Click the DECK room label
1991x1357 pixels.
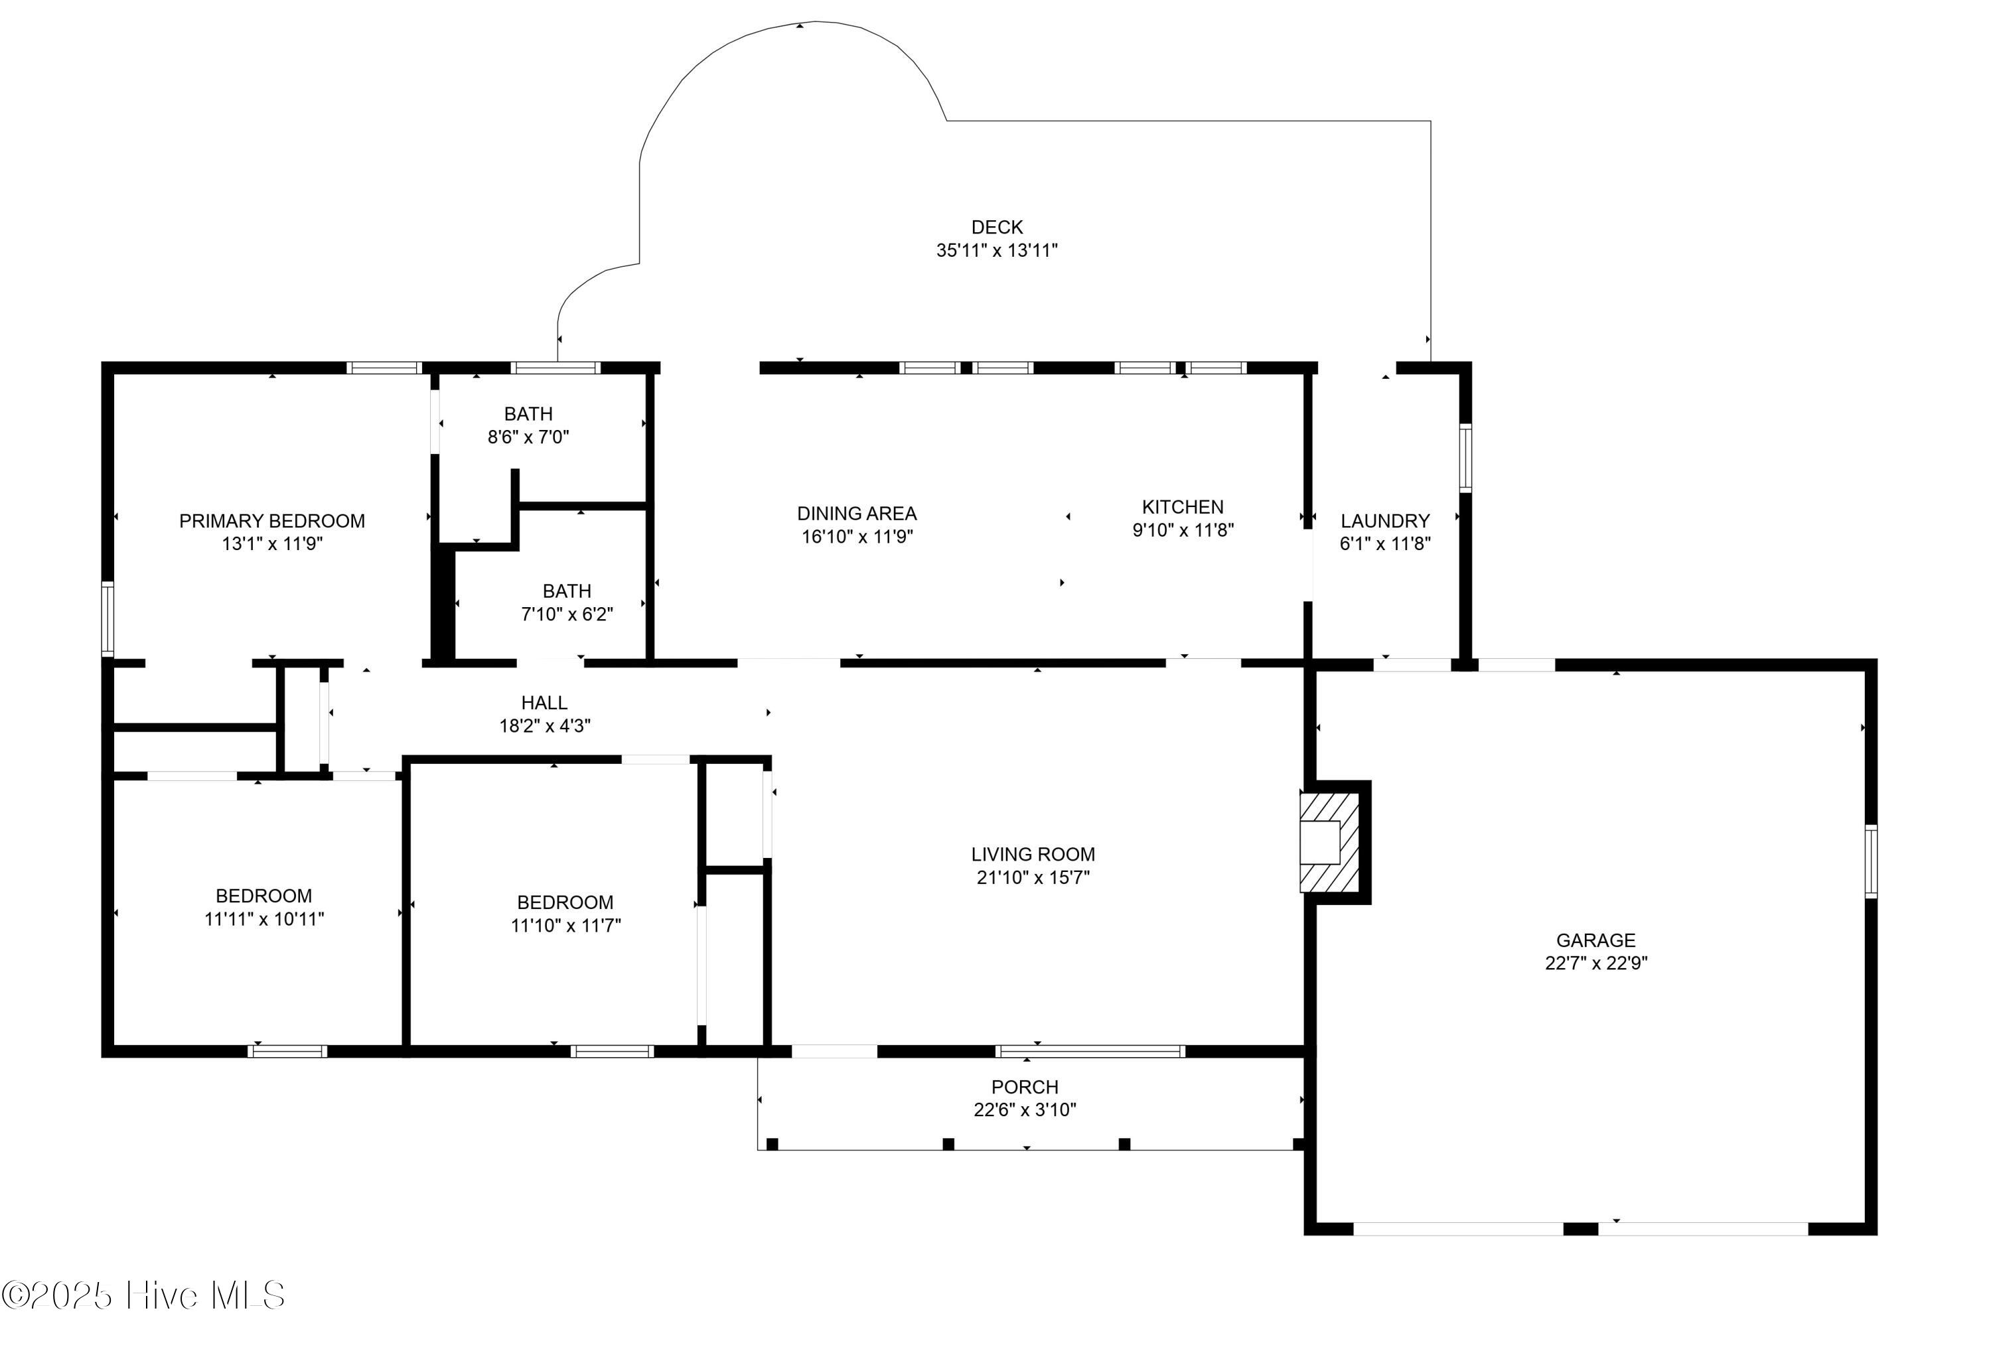click(996, 227)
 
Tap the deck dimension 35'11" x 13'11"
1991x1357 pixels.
click(996, 250)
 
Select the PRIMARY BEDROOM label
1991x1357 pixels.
click(271, 521)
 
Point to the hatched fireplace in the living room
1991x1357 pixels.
click(1329, 842)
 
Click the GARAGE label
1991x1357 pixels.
click(1595, 940)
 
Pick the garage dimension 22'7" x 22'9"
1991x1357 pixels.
click(1595, 963)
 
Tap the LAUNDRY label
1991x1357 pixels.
click(1384, 521)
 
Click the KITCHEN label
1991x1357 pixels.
click(1182, 507)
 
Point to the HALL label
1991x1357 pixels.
click(544, 703)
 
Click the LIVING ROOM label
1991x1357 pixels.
click(1033, 854)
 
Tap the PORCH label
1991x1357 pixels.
click(1025, 1087)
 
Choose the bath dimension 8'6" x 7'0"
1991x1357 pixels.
click(528, 437)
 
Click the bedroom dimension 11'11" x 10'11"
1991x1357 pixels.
click(264, 919)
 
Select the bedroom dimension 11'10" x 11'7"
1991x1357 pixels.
click(565, 925)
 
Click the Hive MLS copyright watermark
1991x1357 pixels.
click(143, 1295)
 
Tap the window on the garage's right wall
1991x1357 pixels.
click(1870, 861)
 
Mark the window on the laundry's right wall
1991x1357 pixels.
click(1465, 457)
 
